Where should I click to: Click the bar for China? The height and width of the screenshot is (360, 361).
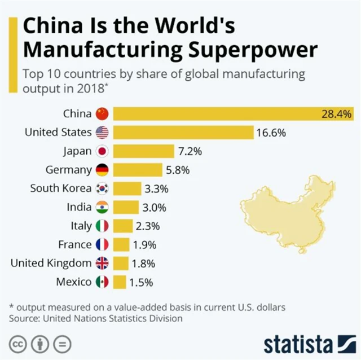click(226, 113)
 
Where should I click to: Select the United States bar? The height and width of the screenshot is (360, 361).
click(183, 133)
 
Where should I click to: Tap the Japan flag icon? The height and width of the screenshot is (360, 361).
click(102, 151)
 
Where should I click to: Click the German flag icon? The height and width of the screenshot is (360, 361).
click(102, 170)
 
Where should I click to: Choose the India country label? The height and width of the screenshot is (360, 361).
click(79, 207)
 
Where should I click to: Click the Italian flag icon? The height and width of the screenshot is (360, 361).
click(102, 226)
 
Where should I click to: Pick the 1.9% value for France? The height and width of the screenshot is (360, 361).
click(144, 244)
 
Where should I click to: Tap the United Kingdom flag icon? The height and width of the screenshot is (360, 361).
click(102, 263)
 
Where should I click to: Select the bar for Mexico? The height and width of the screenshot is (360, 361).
click(119, 282)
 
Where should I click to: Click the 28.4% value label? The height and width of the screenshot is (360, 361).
click(336, 114)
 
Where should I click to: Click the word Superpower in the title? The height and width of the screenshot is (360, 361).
click(261, 50)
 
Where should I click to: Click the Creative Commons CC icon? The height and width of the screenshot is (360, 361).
click(19, 344)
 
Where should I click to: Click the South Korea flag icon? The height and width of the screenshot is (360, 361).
click(102, 188)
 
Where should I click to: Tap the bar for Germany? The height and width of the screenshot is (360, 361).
click(140, 170)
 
